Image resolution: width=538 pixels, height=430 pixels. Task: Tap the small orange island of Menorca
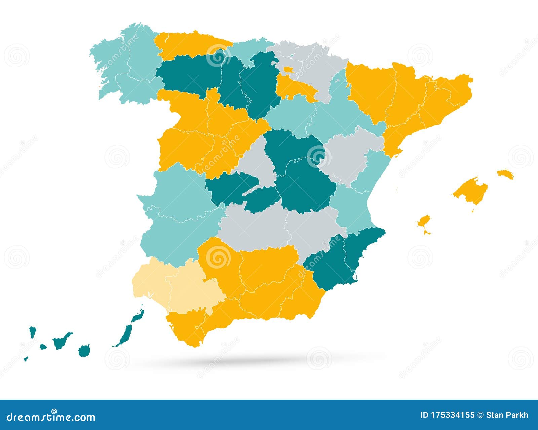point(505,174)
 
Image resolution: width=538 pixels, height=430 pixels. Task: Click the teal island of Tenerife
point(62,341)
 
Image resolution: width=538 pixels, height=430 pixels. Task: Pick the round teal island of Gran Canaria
point(84,350)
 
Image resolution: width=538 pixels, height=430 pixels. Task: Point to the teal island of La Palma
point(32,331)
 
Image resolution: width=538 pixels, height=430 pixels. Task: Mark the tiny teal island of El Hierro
point(25,359)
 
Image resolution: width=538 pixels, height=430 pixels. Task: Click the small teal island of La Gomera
point(43,346)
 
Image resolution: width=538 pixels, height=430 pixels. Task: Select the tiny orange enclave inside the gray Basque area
point(289,70)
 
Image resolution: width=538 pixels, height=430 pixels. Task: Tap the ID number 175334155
point(448,415)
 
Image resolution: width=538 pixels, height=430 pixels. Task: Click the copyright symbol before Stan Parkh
point(480,415)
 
